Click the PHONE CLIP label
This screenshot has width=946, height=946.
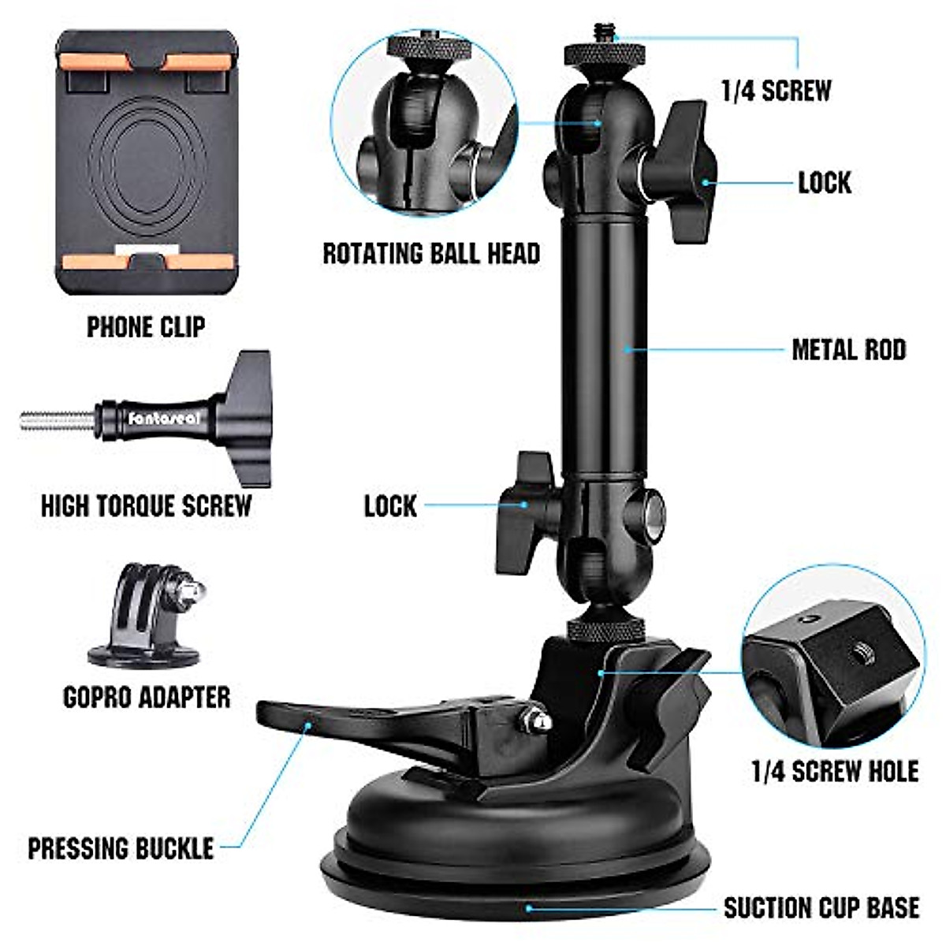pyautogui.click(x=146, y=326)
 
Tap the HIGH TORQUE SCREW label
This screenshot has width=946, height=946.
pyautogui.click(x=146, y=505)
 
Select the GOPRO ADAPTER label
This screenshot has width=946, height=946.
pyautogui.click(x=147, y=697)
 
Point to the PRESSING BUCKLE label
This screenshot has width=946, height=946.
pyautogui.click(x=121, y=848)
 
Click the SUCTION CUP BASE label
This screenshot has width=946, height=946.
pyautogui.click(x=821, y=907)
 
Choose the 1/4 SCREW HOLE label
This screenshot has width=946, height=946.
pyautogui.click(x=835, y=771)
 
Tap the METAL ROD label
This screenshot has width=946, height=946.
pyautogui.click(x=848, y=349)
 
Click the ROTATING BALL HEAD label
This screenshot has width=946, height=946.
pyautogui.click(x=431, y=253)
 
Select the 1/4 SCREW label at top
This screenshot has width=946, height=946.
pyautogui.click(x=776, y=91)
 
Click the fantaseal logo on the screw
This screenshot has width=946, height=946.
pyautogui.click(x=164, y=419)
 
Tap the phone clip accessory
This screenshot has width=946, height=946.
pyautogui.click(x=146, y=162)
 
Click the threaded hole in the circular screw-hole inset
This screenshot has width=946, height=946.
pyautogui.click(x=858, y=651)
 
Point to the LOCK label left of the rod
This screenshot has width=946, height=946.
pyautogui.click(x=390, y=505)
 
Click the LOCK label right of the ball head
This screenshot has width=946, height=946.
pyautogui.click(x=824, y=182)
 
